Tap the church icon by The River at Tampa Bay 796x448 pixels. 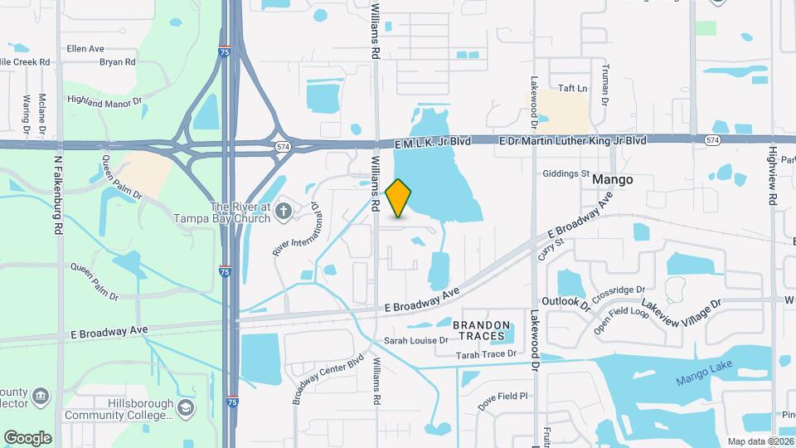(x=284, y=211)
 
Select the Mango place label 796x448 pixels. (x=614, y=179)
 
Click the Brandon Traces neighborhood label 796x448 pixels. (x=480, y=330)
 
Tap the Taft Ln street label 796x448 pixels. (x=572, y=88)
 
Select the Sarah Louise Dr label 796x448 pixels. (x=415, y=340)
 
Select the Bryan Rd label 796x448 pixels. (x=117, y=62)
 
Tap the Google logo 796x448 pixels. (x=27, y=437)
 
